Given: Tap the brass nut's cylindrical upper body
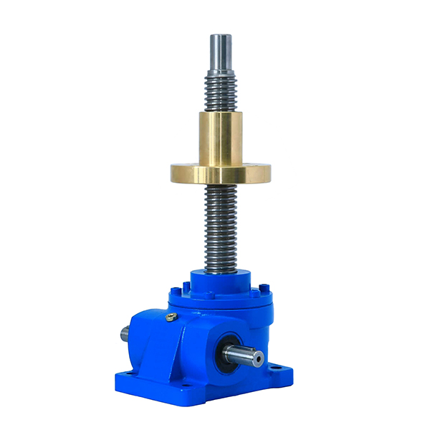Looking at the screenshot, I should coord(221,136).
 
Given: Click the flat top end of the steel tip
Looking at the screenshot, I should coord(221,35).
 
